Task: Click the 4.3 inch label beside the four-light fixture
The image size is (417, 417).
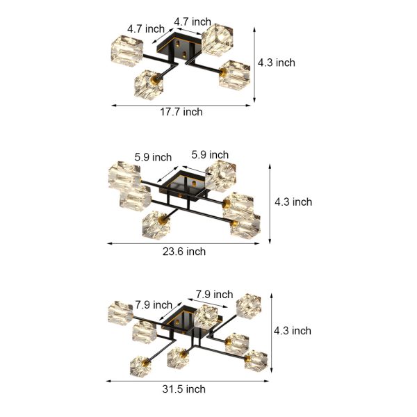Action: [x=276, y=63]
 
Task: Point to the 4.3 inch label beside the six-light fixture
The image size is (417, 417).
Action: [x=293, y=202]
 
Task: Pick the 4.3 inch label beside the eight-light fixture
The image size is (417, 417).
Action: [x=292, y=331]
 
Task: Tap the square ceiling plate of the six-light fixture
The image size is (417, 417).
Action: [x=183, y=183]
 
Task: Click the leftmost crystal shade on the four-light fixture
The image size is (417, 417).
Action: [x=126, y=51]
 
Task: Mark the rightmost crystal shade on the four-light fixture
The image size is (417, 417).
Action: [x=235, y=74]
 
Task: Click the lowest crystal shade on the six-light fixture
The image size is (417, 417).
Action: [x=157, y=224]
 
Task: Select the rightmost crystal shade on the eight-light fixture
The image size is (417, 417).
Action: [x=255, y=360]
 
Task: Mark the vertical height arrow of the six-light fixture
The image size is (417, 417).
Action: [x=270, y=202]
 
